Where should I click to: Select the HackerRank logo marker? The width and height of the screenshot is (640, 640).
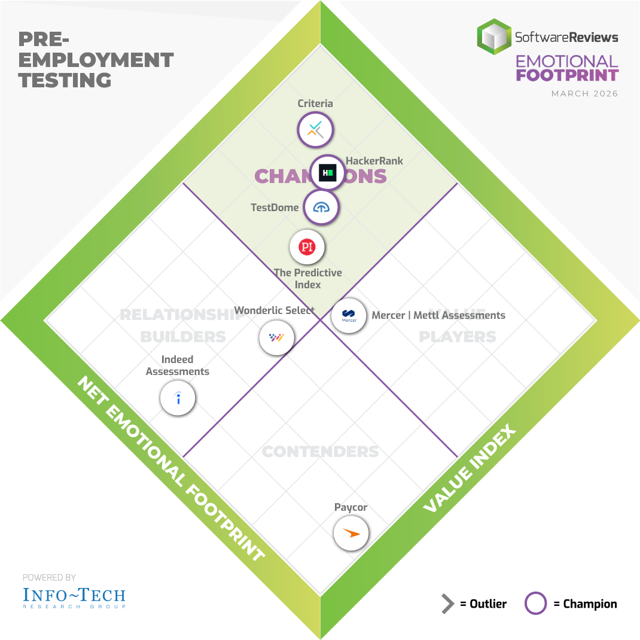pos(327,173)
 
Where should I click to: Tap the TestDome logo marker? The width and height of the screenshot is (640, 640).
pos(321,208)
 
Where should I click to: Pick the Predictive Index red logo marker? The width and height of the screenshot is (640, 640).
pos(307,247)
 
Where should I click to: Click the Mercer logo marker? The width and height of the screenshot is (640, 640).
pos(349,315)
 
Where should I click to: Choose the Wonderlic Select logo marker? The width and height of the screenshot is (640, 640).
pos(276,338)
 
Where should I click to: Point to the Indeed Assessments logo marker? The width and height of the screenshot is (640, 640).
pos(178,398)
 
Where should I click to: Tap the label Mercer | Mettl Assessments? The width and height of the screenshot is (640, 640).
pos(438,315)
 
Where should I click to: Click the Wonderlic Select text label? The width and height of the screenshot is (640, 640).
pos(274,310)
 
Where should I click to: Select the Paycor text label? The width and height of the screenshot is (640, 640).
pos(351,507)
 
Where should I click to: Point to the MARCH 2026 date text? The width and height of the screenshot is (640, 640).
pos(584,94)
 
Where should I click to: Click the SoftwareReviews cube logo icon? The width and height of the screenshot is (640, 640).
pos(494,37)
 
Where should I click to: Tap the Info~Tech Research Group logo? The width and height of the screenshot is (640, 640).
pos(74,597)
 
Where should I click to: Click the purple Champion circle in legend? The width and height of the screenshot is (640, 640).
pos(535,604)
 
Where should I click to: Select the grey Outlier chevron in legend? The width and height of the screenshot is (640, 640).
pos(447,604)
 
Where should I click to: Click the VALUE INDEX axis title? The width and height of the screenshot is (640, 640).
pos(469,470)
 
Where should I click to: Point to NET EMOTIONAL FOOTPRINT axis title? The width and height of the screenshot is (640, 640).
pos(170,470)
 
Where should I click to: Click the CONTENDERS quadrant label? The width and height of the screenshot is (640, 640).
pos(321,451)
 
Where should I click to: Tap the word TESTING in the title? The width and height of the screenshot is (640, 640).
pos(65,80)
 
